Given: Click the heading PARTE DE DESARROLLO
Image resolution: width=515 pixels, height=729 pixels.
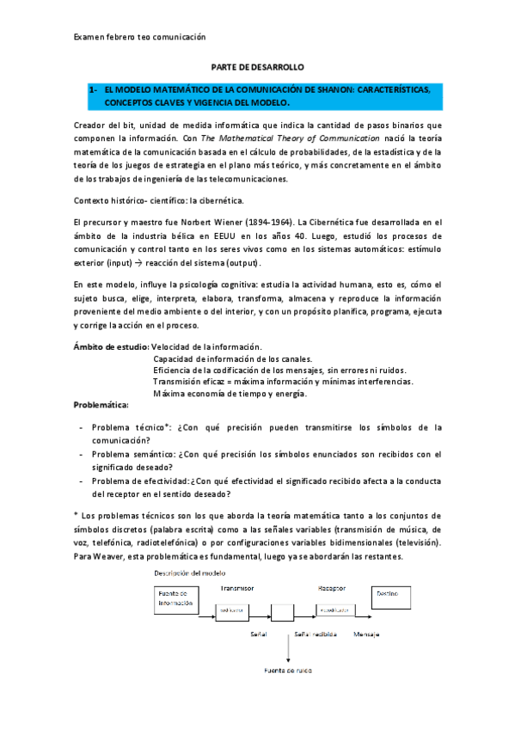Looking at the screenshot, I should click(257, 66).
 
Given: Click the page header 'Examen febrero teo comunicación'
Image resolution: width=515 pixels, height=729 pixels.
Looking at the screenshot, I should click(140, 37).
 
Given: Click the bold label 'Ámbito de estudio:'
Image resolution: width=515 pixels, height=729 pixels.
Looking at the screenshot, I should click(112, 346).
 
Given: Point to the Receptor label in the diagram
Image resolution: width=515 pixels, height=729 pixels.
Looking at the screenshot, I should click(331, 587).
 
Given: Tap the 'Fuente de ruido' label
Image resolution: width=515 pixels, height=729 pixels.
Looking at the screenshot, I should click(288, 668).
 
